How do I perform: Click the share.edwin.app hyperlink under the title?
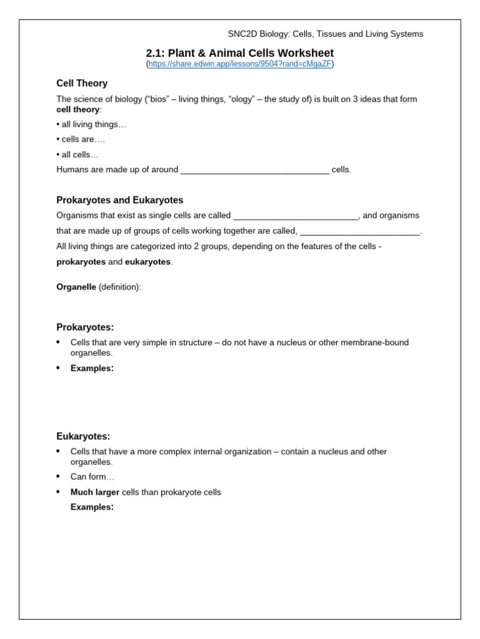(x=240, y=64)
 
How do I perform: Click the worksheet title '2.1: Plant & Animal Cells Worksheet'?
(x=240, y=53)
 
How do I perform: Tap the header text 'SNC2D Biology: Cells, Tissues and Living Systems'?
(x=325, y=34)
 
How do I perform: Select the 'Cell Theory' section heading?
(x=82, y=84)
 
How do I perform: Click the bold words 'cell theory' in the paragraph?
(x=77, y=109)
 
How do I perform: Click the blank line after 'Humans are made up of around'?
(x=254, y=170)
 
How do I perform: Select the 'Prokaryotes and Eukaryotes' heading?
(x=120, y=200)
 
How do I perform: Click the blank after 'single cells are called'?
(x=295, y=216)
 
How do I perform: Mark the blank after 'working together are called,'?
(x=360, y=231)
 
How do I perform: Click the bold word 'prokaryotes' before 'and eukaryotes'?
(x=81, y=262)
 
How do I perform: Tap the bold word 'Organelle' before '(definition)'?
(x=76, y=287)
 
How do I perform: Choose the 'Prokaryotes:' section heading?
(x=85, y=328)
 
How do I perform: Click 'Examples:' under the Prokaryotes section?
(x=92, y=368)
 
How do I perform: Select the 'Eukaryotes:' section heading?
(x=83, y=437)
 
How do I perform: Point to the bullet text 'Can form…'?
(x=92, y=477)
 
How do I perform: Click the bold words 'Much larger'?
(x=94, y=492)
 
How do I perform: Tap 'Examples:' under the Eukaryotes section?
(x=92, y=507)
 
